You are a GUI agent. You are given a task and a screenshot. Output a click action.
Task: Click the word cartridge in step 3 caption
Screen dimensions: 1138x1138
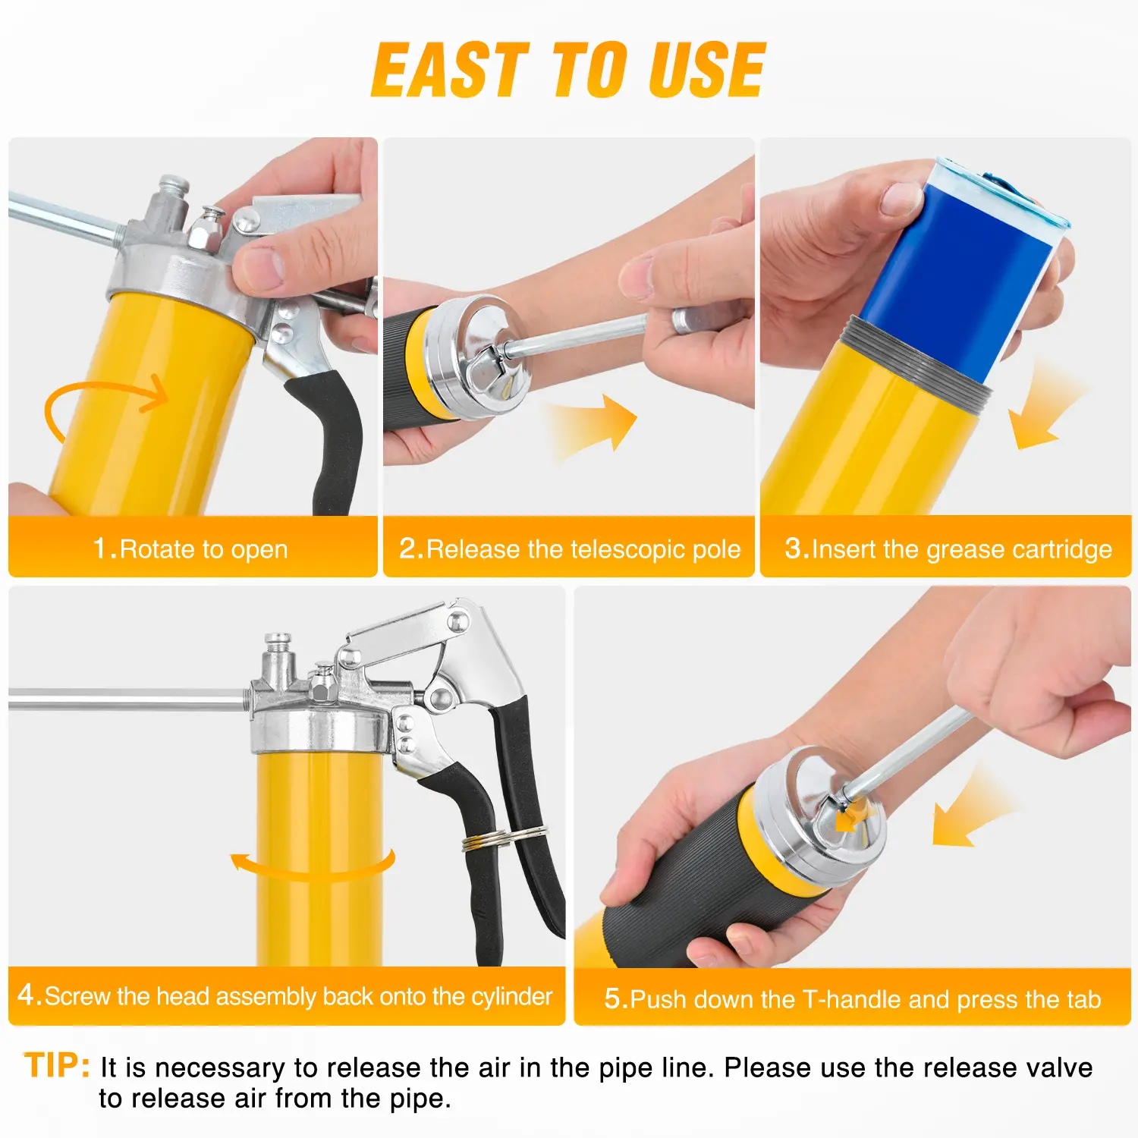[x=1061, y=549]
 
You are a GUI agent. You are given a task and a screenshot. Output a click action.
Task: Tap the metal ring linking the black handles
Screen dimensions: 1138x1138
[x=504, y=838]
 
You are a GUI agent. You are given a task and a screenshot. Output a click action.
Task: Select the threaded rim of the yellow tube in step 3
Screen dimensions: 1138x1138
[x=916, y=364]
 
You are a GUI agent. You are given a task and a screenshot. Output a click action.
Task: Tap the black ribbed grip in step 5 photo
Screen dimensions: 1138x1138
[x=683, y=888]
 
